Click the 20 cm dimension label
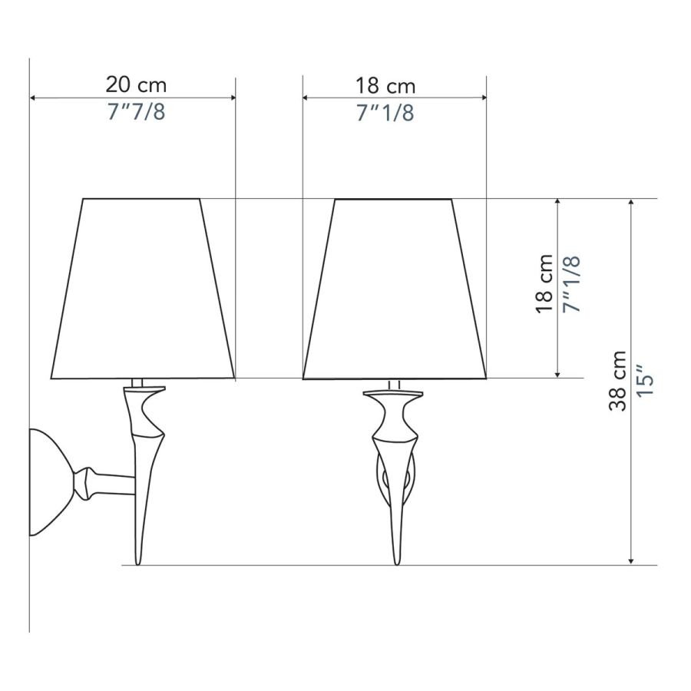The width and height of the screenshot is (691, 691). click(x=136, y=84)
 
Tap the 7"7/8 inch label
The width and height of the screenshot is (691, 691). click(x=136, y=112)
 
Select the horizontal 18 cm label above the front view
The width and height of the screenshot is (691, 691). click(x=385, y=86)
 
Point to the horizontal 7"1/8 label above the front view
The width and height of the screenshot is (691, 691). click(x=385, y=113)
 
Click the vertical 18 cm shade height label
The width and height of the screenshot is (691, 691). click(x=544, y=284)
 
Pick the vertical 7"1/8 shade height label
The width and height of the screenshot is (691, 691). click(x=572, y=285)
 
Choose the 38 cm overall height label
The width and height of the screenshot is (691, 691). click(x=617, y=381)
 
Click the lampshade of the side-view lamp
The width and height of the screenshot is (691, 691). click(x=142, y=289)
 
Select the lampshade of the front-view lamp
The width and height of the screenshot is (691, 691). click(x=395, y=289)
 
